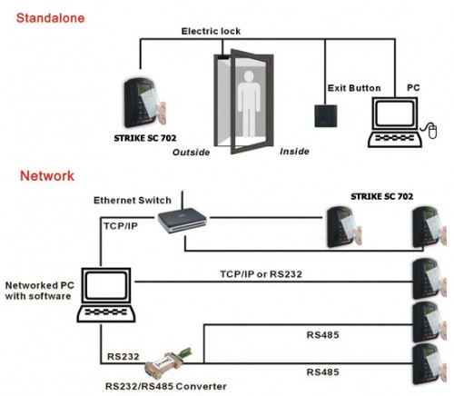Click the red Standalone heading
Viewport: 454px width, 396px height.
(50, 18)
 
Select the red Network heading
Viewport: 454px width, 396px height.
(47, 176)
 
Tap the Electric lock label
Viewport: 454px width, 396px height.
(211, 31)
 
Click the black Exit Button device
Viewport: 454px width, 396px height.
(326, 116)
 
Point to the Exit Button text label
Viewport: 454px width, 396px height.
(354, 88)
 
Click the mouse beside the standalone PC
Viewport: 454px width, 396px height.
(432, 131)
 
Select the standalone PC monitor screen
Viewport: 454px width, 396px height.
(394, 114)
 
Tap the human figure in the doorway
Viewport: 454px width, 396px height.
(249, 104)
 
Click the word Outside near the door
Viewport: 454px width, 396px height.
(191, 152)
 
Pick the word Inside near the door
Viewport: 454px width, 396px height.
(294, 152)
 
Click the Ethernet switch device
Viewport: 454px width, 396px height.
(183, 220)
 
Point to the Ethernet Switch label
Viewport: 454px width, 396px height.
(133, 201)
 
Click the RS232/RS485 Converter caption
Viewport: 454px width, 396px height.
(166, 386)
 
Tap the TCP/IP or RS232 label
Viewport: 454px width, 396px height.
(261, 274)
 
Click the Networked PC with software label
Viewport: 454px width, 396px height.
(39, 291)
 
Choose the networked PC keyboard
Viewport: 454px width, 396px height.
(106, 313)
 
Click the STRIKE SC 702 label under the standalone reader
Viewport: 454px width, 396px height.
(145, 138)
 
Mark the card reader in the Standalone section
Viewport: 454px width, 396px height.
(144, 103)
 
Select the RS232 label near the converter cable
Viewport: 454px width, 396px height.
(123, 357)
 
